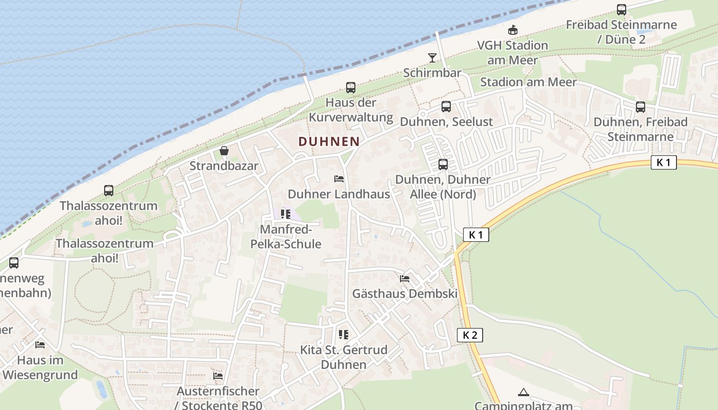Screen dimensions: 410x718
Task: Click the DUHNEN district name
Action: (x=329, y=141)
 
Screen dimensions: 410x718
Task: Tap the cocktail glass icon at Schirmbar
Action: (x=432, y=57)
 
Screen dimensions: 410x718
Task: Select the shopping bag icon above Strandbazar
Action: (x=224, y=151)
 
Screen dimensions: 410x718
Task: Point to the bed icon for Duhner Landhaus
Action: (x=339, y=179)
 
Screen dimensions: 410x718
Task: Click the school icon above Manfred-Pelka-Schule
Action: (x=286, y=214)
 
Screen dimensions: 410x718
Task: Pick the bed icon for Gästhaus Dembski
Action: (x=405, y=279)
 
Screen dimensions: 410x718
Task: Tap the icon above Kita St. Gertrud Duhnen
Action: (x=344, y=335)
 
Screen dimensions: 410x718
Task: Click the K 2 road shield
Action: (x=470, y=335)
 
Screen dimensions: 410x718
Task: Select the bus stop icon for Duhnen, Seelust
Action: (x=446, y=107)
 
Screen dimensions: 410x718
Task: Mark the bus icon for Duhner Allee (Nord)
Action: (x=443, y=165)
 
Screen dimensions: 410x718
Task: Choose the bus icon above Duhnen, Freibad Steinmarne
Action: (x=641, y=107)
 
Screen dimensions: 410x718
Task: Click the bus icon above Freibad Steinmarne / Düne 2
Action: (x=622, y=9)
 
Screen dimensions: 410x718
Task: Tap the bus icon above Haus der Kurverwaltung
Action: (x=351, y=88)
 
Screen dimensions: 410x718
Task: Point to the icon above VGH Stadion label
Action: (x=512, y=30)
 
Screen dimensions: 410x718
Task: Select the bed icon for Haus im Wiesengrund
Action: (x=40, y=345)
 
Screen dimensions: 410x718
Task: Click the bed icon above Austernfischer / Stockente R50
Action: (x=218, y=376)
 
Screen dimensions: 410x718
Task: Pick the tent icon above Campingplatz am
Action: (x=523, y=393)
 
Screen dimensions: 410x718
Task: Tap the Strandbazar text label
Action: (x=224, y=166)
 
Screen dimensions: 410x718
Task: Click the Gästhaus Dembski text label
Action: (x=405, y=294)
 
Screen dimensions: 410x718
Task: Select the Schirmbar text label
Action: (x=432, y=73)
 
